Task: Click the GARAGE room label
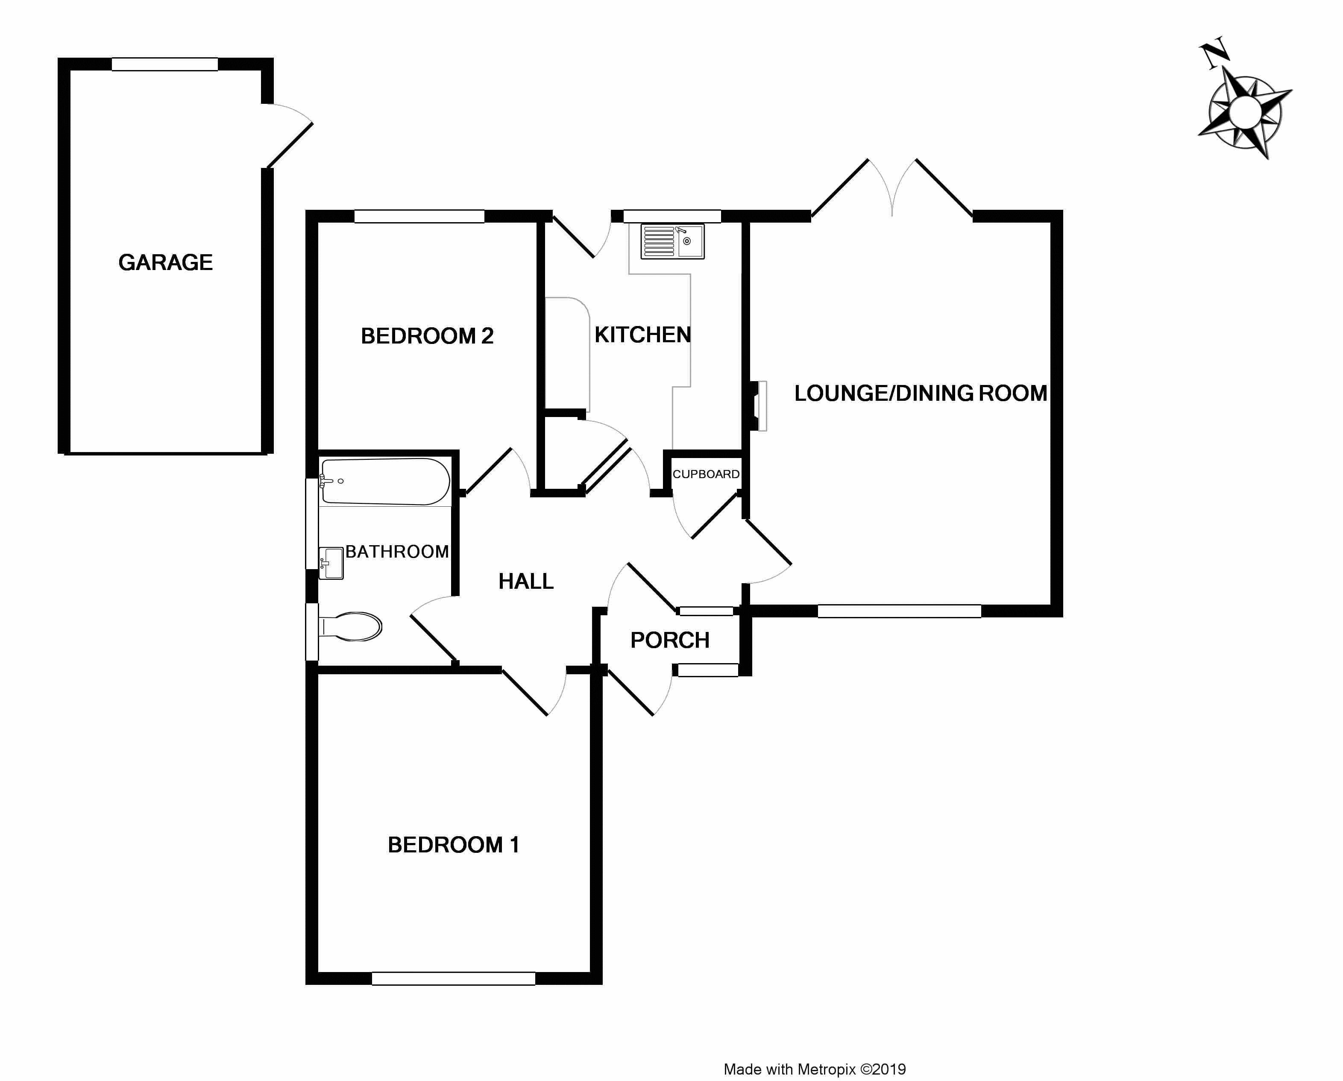click(166, 262)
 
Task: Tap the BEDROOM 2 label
click(427, 336)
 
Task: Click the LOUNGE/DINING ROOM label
click(920, 393)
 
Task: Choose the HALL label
click(526, 582)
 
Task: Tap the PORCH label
click(670, 640)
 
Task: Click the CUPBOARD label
click(706, 474)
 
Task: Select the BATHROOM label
click(397, 552)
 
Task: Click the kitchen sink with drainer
click(672, 241)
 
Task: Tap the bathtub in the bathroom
click(385, 482)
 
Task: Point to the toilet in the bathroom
click(350, 626)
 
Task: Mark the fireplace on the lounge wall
click(758, 405)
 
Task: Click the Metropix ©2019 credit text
click(814, 1069)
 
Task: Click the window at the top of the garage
click(164, 64)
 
